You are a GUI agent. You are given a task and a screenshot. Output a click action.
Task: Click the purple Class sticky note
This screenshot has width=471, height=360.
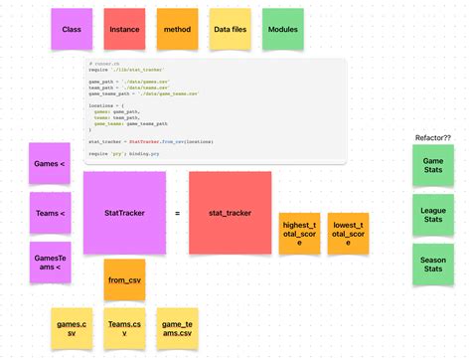pyautogui.click(x=72, y=30)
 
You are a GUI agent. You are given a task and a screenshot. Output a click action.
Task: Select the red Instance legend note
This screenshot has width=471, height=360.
pyautogui.click(x=124, y=30)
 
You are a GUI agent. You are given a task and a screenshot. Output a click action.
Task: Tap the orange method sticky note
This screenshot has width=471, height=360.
pyautogui.click(x=177, y=30)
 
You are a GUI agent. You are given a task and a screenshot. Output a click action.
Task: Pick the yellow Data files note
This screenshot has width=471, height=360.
pyautogui.click(x=230, y=30)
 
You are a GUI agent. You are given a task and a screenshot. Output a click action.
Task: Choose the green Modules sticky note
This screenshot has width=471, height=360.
pyautogui.click(x=282, y=30)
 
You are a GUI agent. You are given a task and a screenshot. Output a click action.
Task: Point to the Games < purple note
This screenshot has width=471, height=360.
pyautogui.click(x=50, y=163)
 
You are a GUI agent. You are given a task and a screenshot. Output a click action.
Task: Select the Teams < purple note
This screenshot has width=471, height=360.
pyautogui.click(x=50, y=213)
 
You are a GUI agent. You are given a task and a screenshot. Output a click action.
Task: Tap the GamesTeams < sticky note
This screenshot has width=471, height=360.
pyautogui.click(x=50, y=262)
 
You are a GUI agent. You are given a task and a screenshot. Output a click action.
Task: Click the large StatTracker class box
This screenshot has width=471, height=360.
pyautogui.click(x=124, y=213)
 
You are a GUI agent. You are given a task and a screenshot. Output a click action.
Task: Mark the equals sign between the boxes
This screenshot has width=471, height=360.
pyautogui.click(x=178, y=214)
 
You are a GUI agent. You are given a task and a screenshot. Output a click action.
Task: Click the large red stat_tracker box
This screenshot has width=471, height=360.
pyautogui.click(x=230, y=213)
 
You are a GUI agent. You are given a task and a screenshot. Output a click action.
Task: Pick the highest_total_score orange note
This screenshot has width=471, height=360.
pyautogui.click(x=299, y=233)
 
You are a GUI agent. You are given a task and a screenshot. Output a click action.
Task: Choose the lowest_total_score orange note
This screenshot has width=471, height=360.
pyautogui.click(x=348, y=233)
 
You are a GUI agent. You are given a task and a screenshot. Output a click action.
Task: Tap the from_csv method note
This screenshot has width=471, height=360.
pyautogui.click(x=124, y=279)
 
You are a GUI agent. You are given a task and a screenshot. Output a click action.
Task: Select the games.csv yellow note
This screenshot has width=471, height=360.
pyautogui.click(x=72, y=328)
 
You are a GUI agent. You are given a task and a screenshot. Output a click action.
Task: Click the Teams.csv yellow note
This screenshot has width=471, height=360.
pyautogui.click(x=124, y=328)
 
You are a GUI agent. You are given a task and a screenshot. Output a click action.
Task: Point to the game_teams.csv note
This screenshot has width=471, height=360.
pyautogui.click(x=177, y=328)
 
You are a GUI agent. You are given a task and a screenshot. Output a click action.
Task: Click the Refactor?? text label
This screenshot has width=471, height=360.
pyautogui.click(x=432, y=137)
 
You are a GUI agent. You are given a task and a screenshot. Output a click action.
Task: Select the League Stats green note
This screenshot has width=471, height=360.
pyautogui.click(x=433, y=214)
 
